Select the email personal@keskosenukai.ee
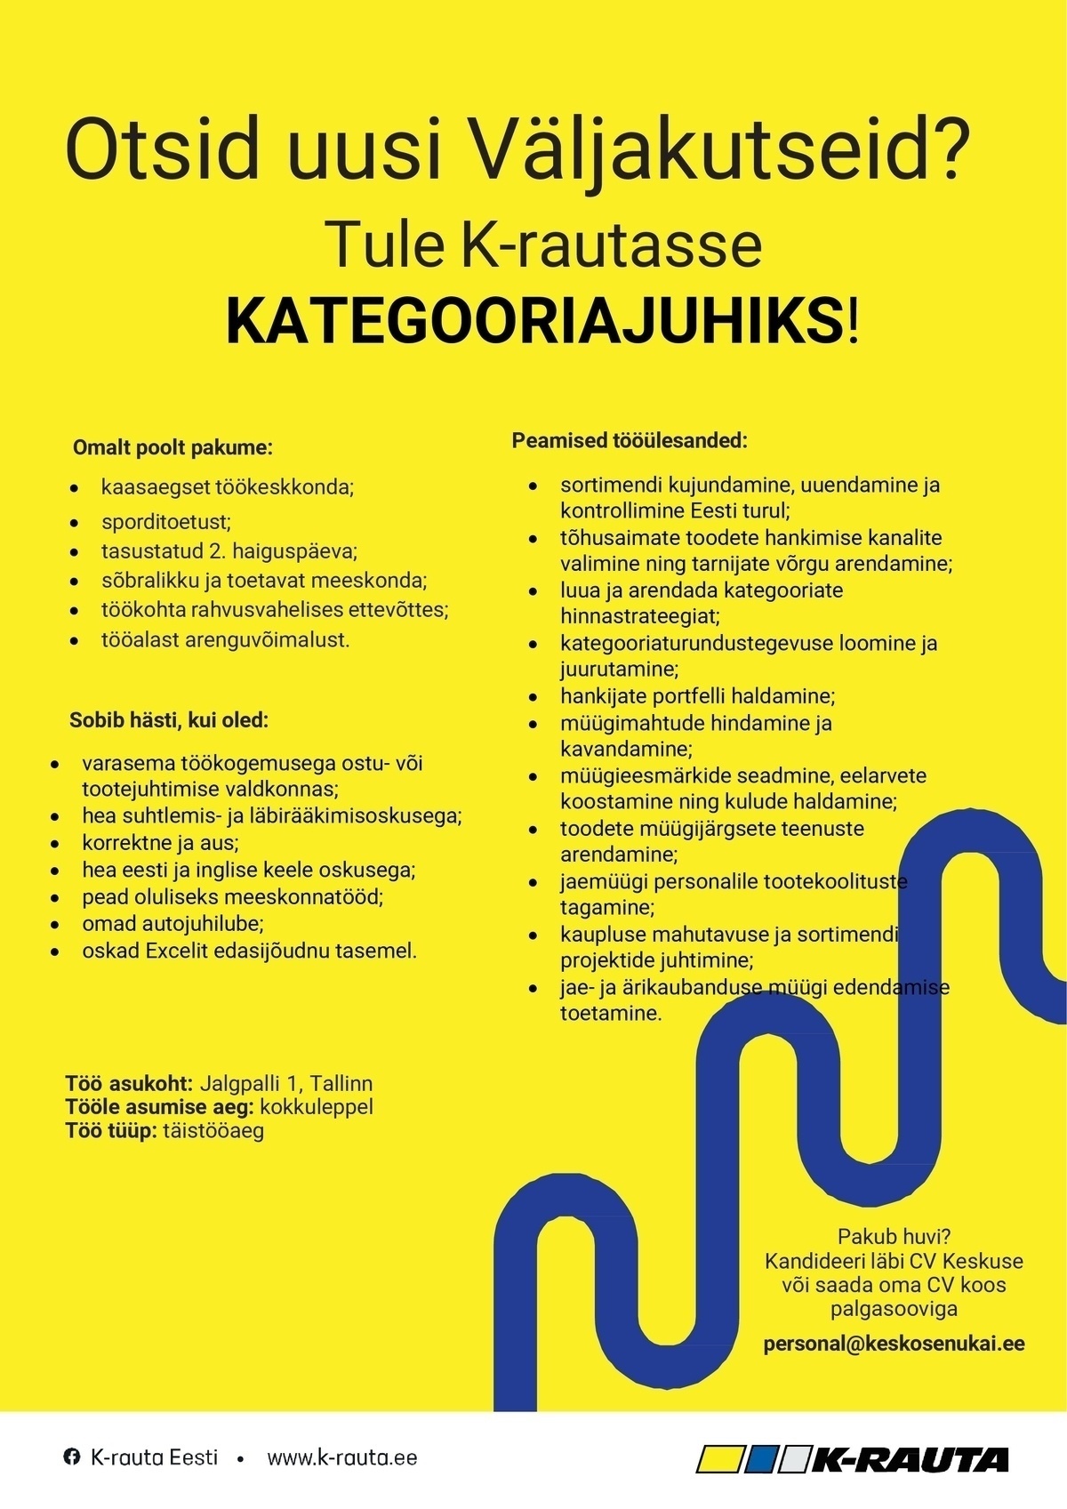pos(894,1344)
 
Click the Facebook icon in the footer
pos(71,1457)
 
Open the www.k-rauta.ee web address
pos(342,1458)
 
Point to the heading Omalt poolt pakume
pos(172,446)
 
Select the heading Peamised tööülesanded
pos(630,440)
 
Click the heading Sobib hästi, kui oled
pos(169,720)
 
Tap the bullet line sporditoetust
pos(166,522)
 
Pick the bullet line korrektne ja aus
pos(161,842)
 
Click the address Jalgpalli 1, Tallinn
pos(286,1084)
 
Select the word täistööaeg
pos(213,1131)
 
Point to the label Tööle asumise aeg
pos(160,1107)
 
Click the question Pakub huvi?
pos(894,1236)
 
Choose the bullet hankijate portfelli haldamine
pos(697,696)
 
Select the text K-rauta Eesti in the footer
pos(154,1458)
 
